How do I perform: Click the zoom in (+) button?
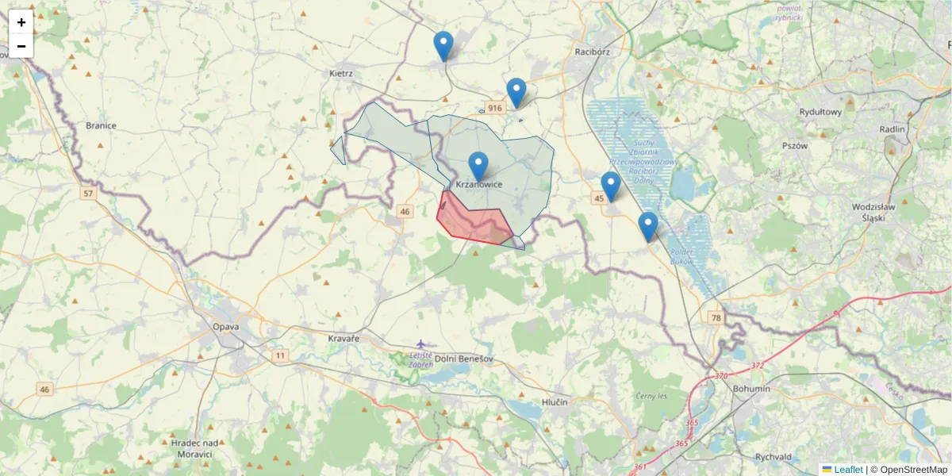(x=21, y=22)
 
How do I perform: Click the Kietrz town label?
(x=340, y=74)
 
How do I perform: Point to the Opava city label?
(x=226, y=327)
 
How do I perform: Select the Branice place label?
(x=101, y=125)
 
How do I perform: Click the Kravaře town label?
(x=344, y=339)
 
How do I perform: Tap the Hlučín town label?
(x=555, y=402)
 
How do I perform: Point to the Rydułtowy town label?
(x=820, y=112)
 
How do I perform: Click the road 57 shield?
(x=87, y=193)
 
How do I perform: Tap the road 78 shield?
(x=716, y=317)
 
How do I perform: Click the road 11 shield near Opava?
(x=280, y=355)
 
